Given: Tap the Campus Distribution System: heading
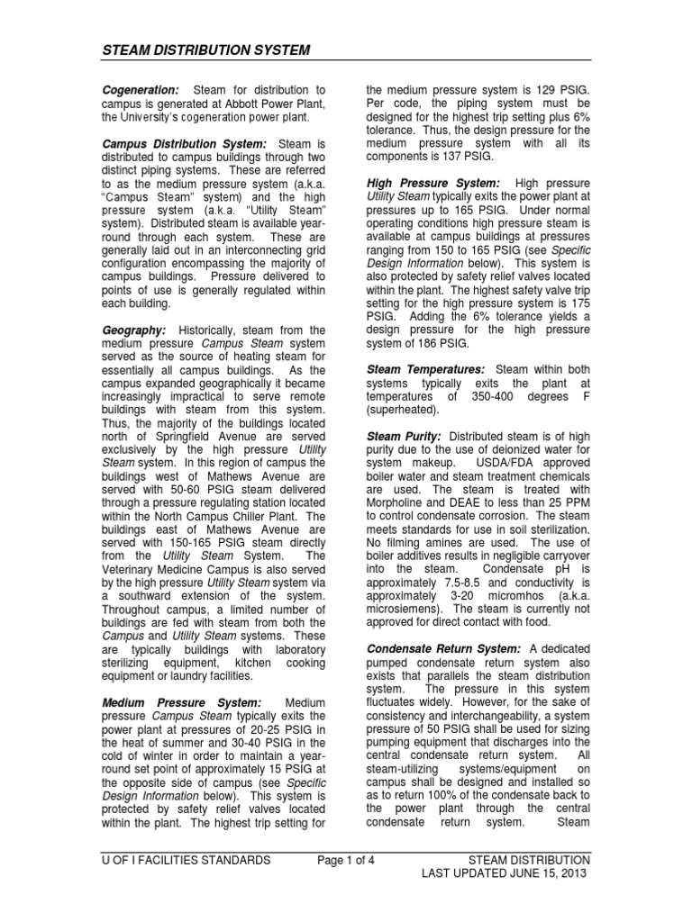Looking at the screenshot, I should click(x=184, y=143).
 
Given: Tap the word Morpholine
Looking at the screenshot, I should click(x=405, y=502).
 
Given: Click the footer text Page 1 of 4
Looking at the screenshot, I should click(x=346, y=860).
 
